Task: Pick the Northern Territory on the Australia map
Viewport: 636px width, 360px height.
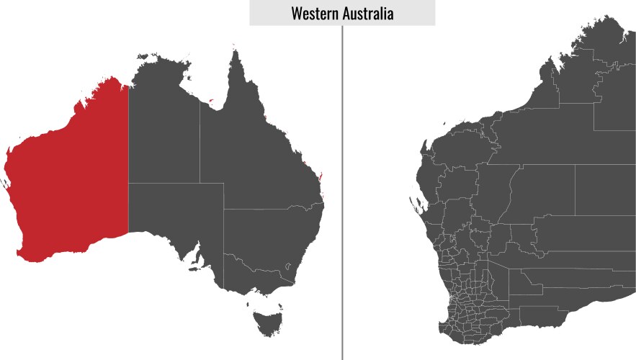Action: tap(164, 130)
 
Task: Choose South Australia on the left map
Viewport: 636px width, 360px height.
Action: tap(176, 216)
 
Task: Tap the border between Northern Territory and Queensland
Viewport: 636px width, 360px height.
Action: tap(200, 144)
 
